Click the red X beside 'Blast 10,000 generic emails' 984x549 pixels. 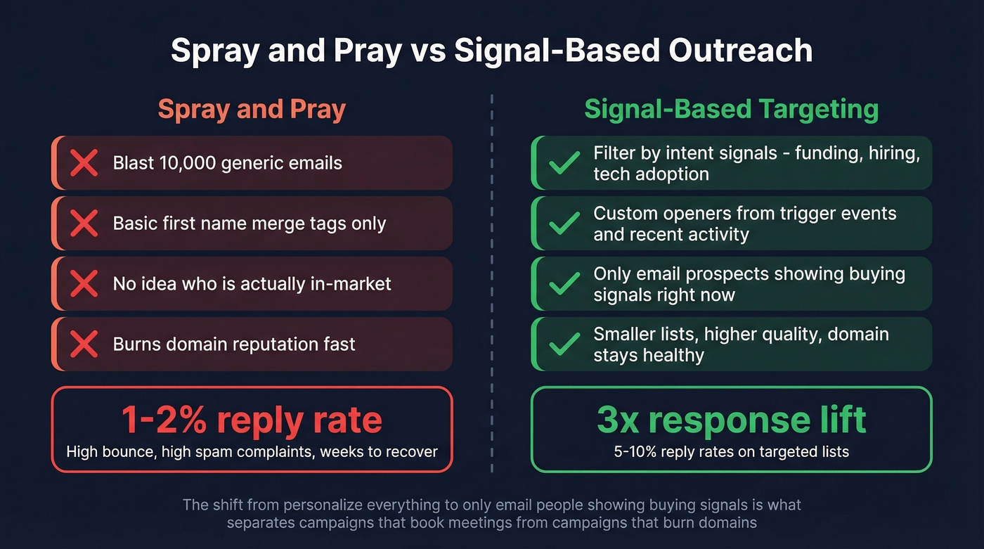click(x=84, y=163)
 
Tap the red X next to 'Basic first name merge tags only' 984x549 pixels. click(x=84, y=224)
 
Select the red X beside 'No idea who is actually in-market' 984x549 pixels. click(x=84, y=284)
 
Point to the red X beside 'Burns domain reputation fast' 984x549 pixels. click(x=84, y=344)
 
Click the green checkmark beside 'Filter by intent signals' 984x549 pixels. click(x=564, y=163)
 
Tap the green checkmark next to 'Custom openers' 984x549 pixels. click(x=564, y=224)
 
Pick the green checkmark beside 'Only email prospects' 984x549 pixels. click(x=564, y=284)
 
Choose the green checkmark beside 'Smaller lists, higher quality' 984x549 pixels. click(x=564, y=344)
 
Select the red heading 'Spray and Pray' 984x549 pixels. click(x=252, y=110)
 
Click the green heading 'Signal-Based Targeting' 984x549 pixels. click(x=731, y=110)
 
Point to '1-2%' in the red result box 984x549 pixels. click(x=164, y=420)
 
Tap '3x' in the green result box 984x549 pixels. click(x=616, y=420)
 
